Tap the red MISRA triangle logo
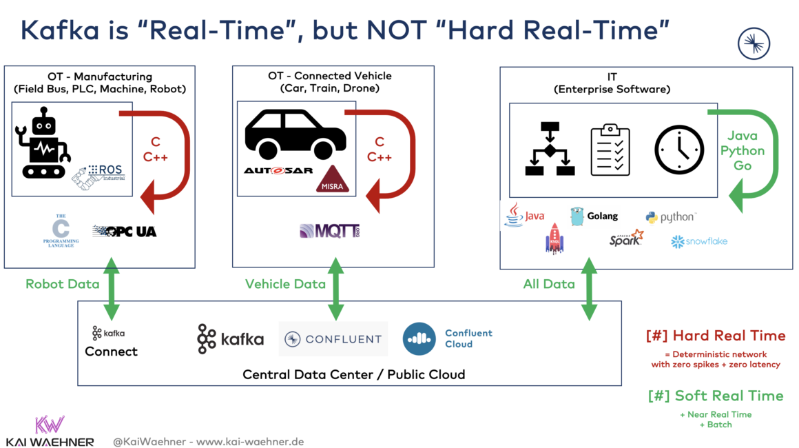(332, 181)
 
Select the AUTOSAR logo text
(278, 170)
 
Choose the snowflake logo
(699, 241)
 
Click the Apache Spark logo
(626, 238)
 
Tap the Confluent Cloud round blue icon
(419, 339)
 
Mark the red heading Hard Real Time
(716, 336)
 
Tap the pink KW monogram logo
(50, 425)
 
